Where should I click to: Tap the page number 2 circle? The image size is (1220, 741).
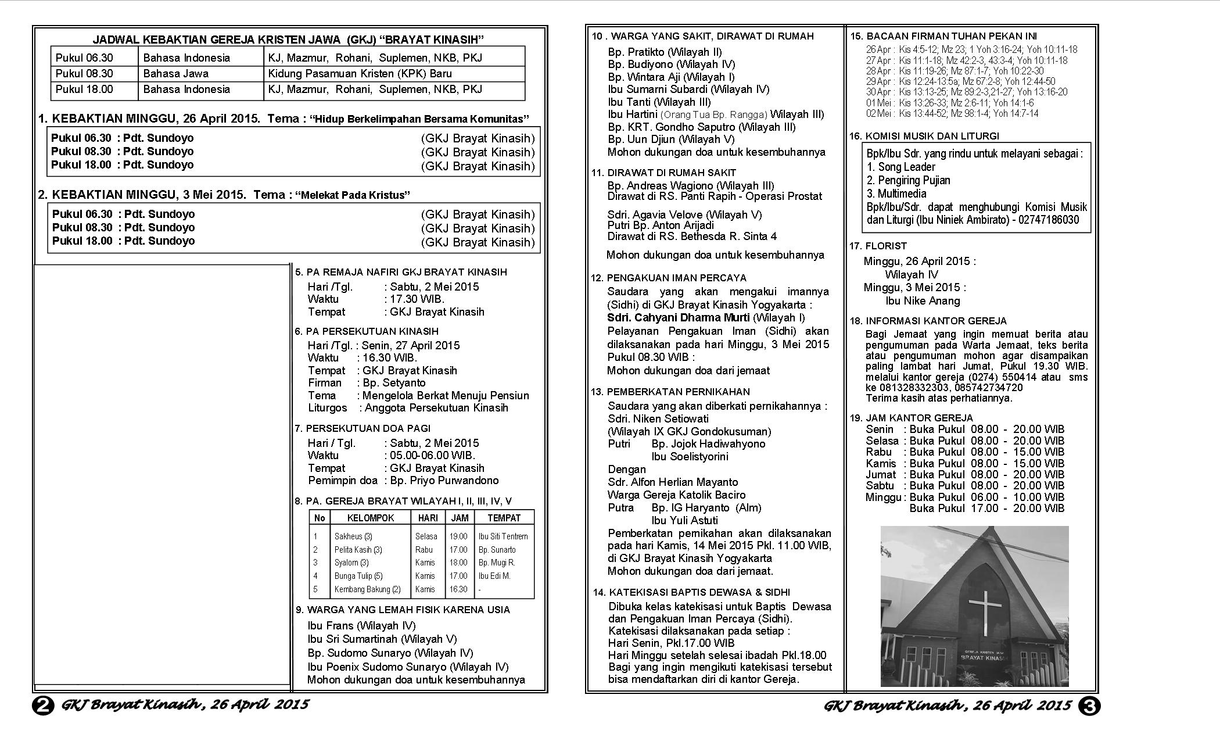[x=43, y=706]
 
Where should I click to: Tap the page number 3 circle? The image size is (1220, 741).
[x=1089, y=706]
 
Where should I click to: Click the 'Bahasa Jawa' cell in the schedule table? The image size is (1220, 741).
[x=175, y=74]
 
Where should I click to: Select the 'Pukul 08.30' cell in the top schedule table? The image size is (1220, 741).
[x=84, y=74]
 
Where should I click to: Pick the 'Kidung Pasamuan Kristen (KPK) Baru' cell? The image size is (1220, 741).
[x=360, y=74]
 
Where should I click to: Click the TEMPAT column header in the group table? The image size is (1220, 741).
[x=504, y=518]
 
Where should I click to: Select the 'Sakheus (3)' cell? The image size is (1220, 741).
[x=353, y=536]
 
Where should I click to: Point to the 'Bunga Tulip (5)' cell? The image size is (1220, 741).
[x=358, y=576]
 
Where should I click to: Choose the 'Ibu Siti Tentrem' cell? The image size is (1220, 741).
[x=503, y=536]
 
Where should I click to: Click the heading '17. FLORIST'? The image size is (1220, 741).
[x=878, y=246]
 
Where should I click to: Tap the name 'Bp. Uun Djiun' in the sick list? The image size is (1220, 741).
[x=641, y=139]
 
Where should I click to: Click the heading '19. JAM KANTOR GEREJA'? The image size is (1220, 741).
[x=911, y=418]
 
